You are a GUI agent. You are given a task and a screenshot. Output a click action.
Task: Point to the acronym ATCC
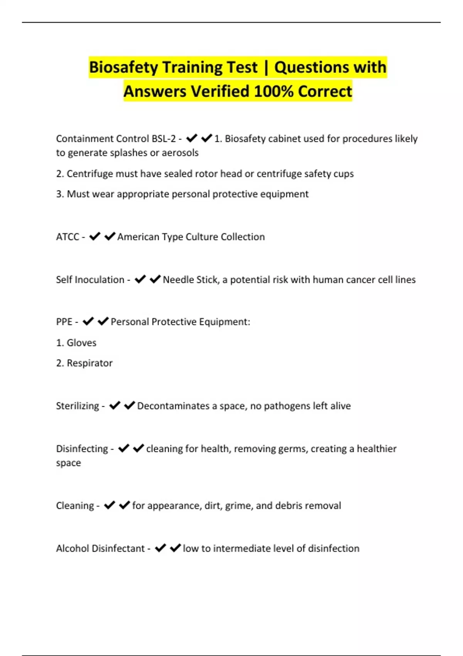(x=68, y=237)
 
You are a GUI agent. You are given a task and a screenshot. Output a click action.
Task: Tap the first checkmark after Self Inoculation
(x=140, y=279)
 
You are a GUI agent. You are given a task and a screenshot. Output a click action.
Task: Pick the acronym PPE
(x=64, y=321)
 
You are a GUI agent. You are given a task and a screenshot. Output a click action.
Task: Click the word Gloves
(x=81, y=343)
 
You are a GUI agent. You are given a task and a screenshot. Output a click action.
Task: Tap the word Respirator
(x=90, y=363)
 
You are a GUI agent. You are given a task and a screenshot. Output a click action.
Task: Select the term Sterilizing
(x=78, y=406)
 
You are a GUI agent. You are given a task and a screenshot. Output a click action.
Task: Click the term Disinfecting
(x=82, y=449)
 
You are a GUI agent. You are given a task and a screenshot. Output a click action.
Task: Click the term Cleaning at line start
(x=75, y=506)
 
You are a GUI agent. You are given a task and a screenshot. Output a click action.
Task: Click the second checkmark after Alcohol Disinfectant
(x=175, y=548)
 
